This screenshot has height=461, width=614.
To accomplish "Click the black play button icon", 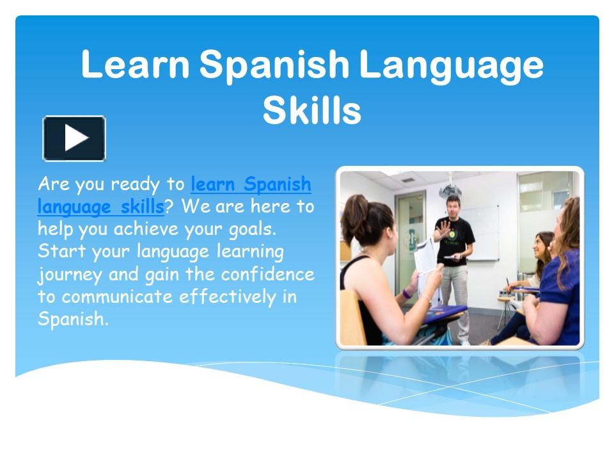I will [x=74, y=138].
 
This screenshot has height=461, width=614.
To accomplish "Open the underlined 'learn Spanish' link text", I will [x=251, y=185].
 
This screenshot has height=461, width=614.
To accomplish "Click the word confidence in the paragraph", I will [x=268, y=274].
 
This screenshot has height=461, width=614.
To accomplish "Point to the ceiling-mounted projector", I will [x=450, y=190].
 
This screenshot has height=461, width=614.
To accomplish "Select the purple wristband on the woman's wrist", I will [x=407, y=293].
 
